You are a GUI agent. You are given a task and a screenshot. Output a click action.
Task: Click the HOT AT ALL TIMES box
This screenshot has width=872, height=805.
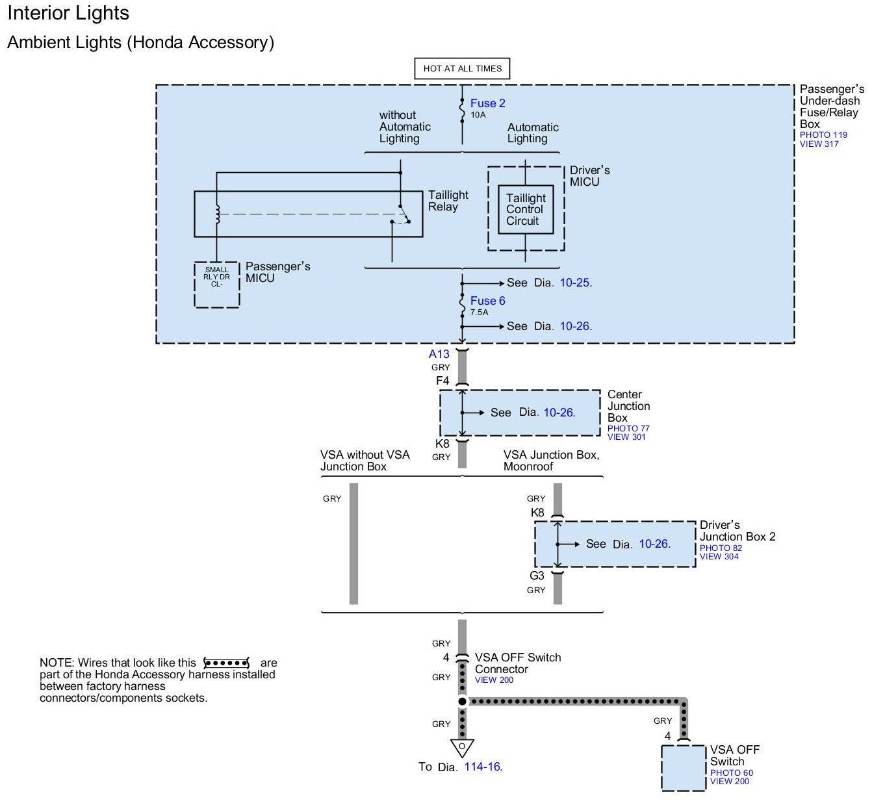[462, 68]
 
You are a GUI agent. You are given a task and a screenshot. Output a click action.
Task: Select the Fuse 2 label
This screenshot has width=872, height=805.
[487, 103]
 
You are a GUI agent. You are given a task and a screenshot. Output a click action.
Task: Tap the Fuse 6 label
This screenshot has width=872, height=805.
[487, 301]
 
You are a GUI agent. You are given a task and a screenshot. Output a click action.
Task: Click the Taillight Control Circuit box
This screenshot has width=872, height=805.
[526, 209]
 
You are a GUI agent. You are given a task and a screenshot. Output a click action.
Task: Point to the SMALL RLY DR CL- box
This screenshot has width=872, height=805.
[217, 285]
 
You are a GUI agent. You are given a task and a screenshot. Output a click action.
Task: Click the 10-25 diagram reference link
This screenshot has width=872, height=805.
[576, 283]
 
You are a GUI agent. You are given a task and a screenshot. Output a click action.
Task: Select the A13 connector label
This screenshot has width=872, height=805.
[439, 354]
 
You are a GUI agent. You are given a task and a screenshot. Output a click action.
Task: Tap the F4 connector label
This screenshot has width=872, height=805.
[442, 380]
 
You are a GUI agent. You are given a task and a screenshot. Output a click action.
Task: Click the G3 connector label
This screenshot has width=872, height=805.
[537, 575]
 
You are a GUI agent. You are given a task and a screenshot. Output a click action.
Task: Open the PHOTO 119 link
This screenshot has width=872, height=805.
[823, 135]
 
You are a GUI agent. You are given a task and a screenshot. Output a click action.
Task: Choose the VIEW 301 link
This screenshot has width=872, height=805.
[626, 437]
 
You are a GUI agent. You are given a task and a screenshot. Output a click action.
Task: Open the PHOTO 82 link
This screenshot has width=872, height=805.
[721, 548]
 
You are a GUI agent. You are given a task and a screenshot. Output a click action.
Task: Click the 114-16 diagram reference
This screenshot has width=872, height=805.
[483, 767]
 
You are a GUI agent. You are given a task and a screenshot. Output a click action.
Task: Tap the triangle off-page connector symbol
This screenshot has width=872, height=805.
[462, 747]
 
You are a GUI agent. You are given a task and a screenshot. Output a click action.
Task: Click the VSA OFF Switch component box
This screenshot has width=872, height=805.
[683, 768]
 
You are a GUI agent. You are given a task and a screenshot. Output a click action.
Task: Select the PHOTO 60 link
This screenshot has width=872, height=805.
[732, 773]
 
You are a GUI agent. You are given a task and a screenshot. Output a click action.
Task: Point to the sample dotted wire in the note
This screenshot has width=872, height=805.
[227, 663]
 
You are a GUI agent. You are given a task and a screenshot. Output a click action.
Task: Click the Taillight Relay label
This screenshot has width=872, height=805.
[448, 201]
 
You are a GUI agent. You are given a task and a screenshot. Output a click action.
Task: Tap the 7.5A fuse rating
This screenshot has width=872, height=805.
[479, 313]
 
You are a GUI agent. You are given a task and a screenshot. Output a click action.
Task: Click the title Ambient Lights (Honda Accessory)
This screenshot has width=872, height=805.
[140, 43]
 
